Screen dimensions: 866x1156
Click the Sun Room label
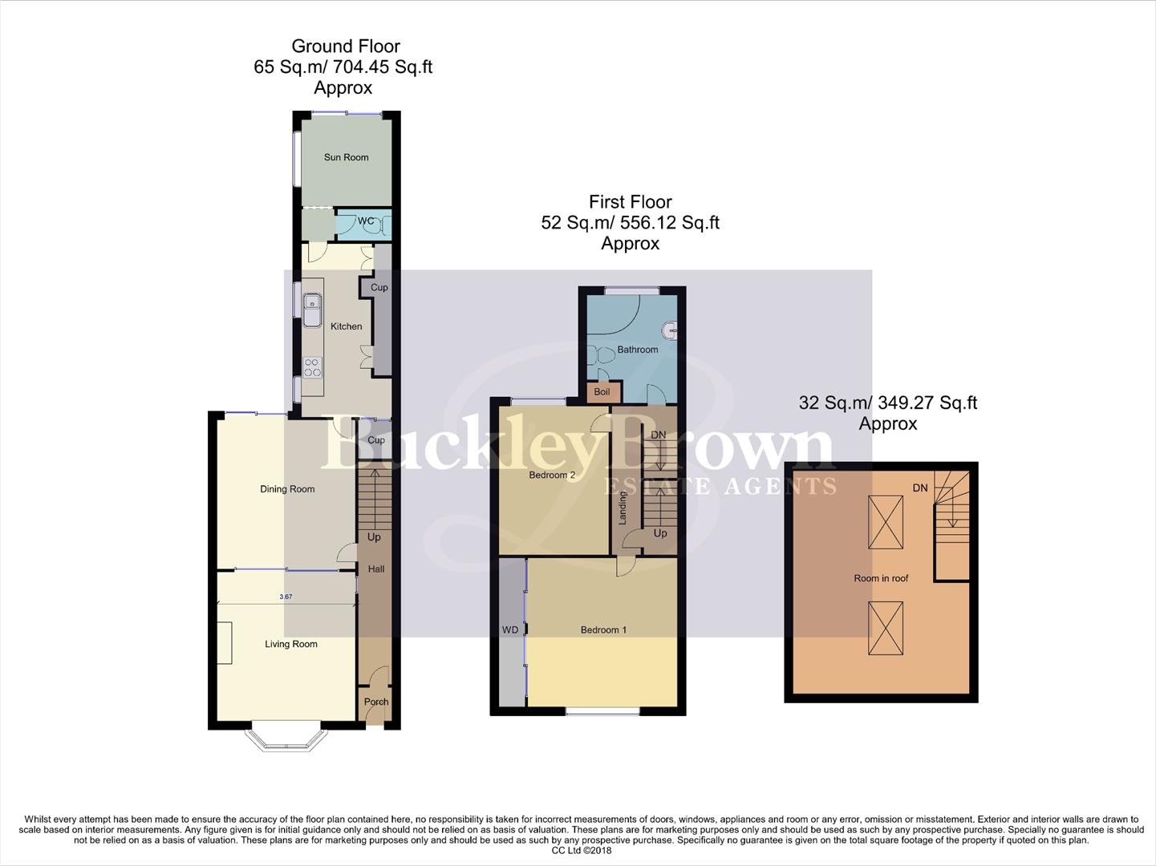(346, 157)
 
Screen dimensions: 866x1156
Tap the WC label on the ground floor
(365, 221)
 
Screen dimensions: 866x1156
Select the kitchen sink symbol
(311, 309)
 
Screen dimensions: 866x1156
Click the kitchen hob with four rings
(312, 368)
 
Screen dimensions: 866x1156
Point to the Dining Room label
(287, 489)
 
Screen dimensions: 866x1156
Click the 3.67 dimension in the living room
(286, 597)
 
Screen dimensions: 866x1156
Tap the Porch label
(375, 702)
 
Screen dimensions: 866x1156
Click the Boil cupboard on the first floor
(602, 392)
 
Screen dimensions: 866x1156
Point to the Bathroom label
(637, 350)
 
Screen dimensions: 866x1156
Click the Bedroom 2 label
(552, 475)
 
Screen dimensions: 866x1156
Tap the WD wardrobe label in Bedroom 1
(510, 629)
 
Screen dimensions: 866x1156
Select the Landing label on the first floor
(623, 508)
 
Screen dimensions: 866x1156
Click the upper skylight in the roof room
(886, 522)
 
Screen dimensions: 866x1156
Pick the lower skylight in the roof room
(886, 629)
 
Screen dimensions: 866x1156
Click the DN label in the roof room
(920, 488)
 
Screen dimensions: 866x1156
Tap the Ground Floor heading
(345, 47)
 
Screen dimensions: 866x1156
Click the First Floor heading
(630, 202)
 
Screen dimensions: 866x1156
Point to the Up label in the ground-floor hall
(374, 537)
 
